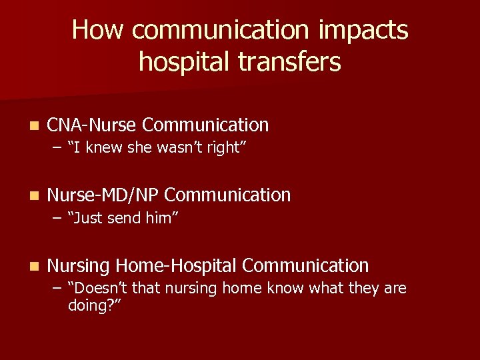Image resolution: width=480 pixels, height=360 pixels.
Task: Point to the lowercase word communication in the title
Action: click(221, 31)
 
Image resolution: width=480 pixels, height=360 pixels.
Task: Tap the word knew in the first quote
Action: click(102, 148)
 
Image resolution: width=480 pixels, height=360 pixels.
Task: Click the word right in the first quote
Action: click(227, 148)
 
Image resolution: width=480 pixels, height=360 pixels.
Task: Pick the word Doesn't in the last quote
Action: click(97, 288)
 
